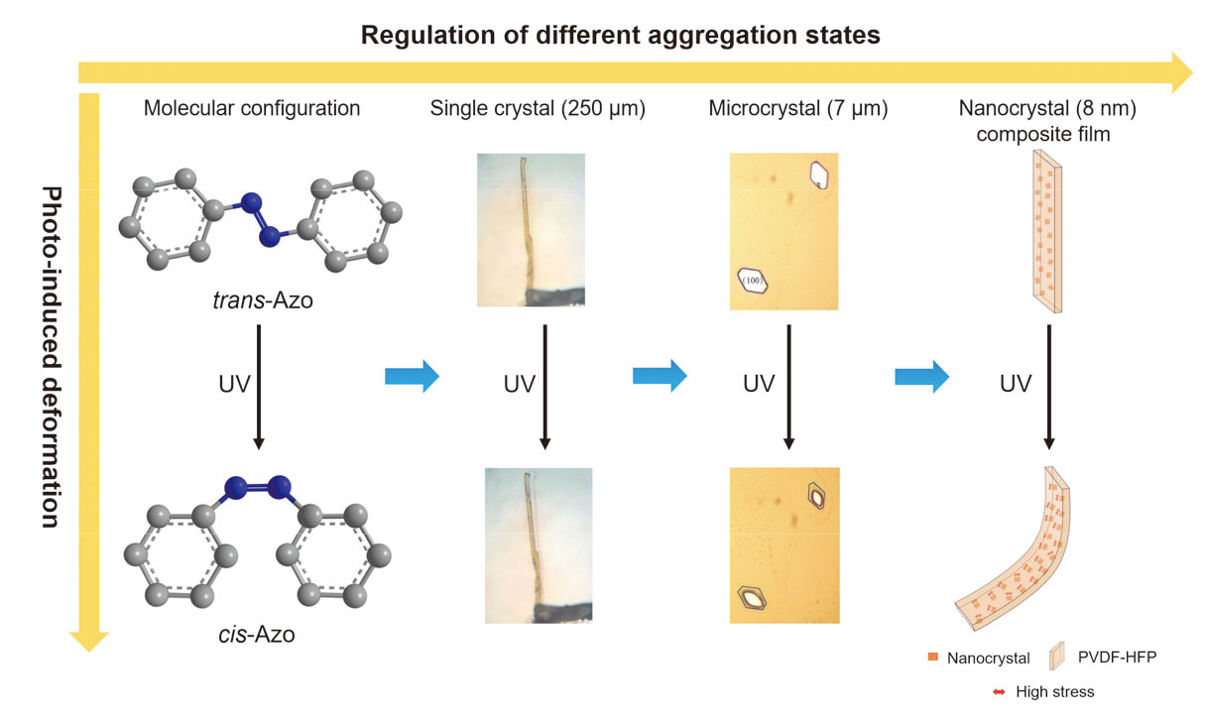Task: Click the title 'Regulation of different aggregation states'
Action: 620,36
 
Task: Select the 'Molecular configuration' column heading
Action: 252,108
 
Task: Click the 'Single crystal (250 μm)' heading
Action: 538,108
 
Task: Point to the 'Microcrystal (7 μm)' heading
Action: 784,108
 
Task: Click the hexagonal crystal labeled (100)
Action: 756,281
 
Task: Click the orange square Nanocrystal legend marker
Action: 932,657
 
